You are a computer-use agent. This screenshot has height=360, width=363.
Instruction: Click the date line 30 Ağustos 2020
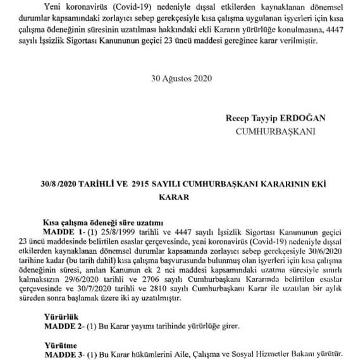(181, 80)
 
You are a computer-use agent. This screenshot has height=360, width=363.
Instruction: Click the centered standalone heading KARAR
(181, 198)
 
